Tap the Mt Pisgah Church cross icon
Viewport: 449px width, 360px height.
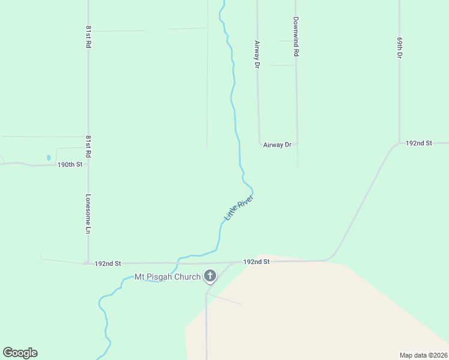[210, 276]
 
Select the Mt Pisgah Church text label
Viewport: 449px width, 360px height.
[167, 277]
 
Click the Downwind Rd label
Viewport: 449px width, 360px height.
[296, 37]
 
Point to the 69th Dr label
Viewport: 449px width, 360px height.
[399, 46]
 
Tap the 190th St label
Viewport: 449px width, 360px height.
[69, 164]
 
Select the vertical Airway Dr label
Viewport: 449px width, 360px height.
[257, 53]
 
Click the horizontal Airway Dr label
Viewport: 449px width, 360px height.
[277, 145]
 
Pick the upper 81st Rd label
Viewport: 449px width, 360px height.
[88, 37]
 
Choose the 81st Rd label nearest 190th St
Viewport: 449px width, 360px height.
[88, 146]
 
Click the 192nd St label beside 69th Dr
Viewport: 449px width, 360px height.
[419, 143]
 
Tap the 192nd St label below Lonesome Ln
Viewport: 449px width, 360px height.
[108, 263]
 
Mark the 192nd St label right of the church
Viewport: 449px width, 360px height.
[256, 262]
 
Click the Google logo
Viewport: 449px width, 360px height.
[20, 353]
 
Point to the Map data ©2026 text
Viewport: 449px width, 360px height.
[423, 355]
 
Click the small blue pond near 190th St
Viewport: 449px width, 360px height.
[48, 158]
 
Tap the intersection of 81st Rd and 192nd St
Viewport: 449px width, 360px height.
[88, 263]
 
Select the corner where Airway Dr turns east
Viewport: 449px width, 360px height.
[260, 144]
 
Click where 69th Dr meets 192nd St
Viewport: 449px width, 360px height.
[400, 143]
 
